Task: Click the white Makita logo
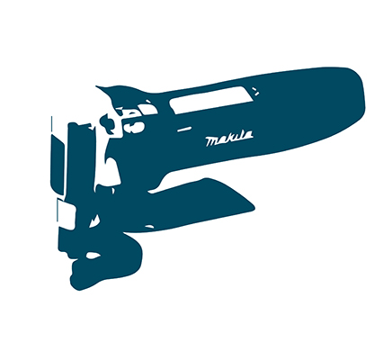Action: click(229, 139)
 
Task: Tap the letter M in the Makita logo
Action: click(212, 141)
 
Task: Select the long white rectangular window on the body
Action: click(210, 100)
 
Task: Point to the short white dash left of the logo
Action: click(184, 130)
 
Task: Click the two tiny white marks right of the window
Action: click(255, 91)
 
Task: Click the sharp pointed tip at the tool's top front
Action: click(96, 86)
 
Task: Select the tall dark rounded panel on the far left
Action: click(58, 165)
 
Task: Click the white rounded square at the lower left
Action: click(67, 214)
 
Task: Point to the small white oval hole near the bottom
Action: click(94, 256)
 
